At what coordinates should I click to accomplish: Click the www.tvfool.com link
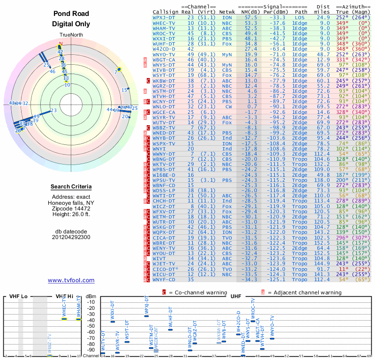tap(71, 280)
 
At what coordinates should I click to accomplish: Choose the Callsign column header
tap(166, 11)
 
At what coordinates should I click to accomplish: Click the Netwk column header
tap(226, 11)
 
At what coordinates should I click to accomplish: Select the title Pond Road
tap(71, 14)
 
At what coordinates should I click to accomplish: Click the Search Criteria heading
tap(71, 187)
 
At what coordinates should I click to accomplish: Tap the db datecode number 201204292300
tap(71, 237)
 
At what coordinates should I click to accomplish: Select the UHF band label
tap(236, 297)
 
